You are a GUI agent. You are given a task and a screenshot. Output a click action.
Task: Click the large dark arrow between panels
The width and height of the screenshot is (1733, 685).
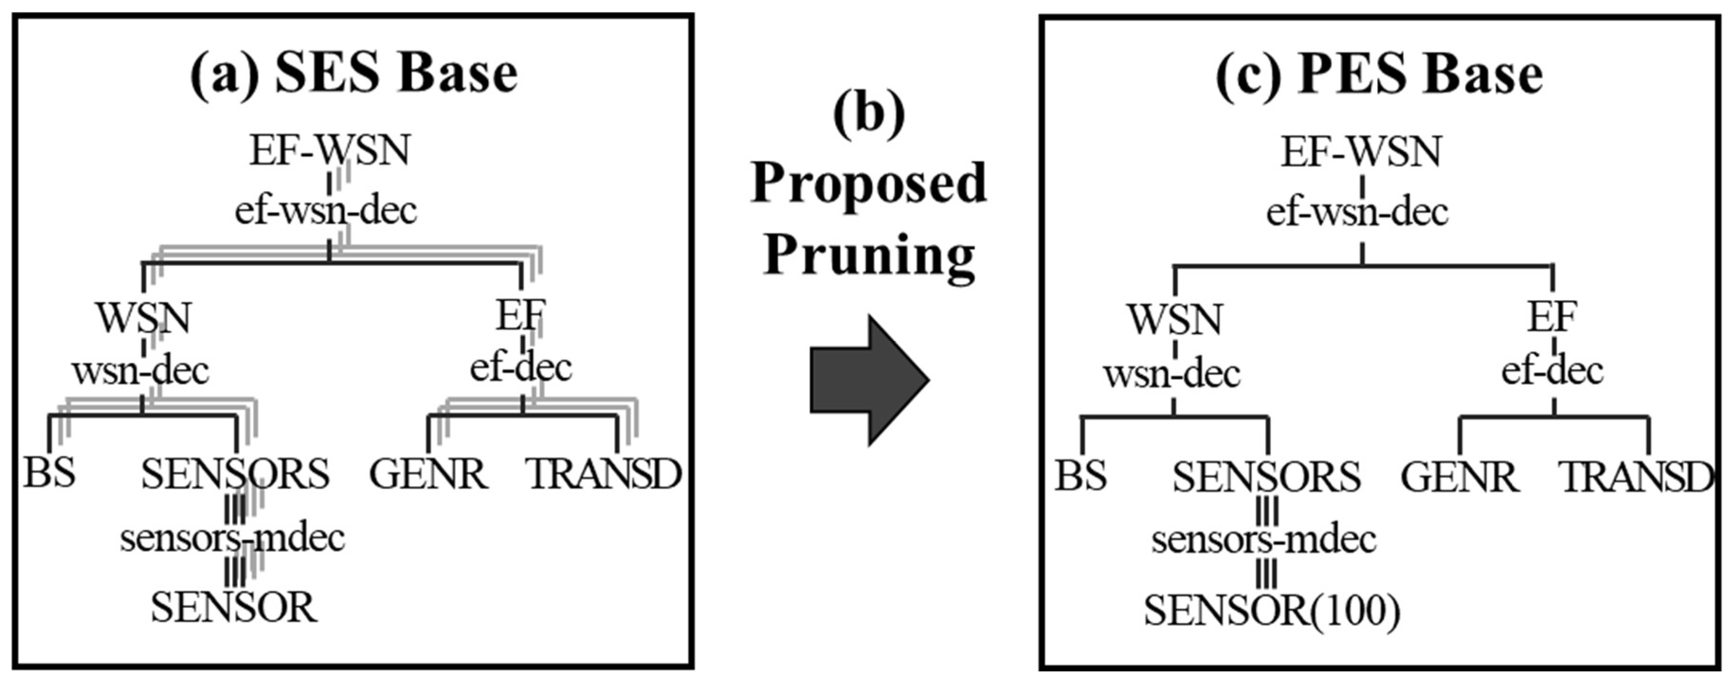click(x=868, y=380)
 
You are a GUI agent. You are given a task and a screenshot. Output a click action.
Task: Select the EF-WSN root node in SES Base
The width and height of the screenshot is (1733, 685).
click(x=330, y=151)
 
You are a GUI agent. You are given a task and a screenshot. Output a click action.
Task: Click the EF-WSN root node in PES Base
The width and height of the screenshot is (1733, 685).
click(x=1361, y=152)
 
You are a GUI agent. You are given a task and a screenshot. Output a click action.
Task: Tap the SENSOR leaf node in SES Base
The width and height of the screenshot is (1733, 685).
click(x=234, y=608)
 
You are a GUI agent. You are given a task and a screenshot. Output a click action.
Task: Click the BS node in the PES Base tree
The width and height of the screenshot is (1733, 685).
click(x=1080, y=476)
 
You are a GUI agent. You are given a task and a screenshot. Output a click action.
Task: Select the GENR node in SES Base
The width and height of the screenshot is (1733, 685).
click(x=428, y=475)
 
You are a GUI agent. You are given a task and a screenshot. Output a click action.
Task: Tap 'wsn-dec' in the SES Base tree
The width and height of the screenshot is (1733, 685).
click(x=141, y=371)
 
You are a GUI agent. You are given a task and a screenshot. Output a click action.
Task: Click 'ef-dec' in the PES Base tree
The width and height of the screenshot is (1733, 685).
click(x=1552, y=371)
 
